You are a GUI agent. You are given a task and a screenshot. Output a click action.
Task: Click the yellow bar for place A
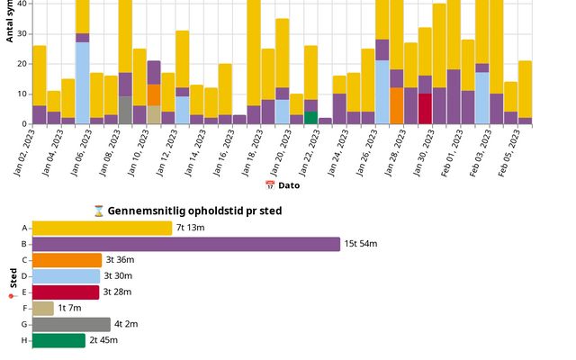coord(102,229)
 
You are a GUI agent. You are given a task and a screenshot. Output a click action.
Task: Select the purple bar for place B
coord(186,245)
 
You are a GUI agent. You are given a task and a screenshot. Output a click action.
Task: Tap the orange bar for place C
coord(67,260)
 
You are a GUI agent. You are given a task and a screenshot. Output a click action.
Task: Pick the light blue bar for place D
coord(66,276)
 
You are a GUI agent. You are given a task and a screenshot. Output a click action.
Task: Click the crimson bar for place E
coord(66,292)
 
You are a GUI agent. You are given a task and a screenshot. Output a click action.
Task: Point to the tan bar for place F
coord(43,309)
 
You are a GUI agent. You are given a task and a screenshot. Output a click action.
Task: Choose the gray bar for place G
coord(71,324)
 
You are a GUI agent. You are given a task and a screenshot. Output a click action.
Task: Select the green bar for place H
coord(58,340)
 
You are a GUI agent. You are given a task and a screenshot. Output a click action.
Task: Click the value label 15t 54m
coord(362,245)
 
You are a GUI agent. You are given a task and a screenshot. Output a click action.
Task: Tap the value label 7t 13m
coord(191,229)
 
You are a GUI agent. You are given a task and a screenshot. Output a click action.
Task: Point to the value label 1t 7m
coord(70,309)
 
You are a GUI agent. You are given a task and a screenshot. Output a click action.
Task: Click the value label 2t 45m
coord(103,340)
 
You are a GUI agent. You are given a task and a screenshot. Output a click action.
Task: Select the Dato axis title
coord(288,185)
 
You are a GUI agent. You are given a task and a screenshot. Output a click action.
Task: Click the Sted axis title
coord(13,278)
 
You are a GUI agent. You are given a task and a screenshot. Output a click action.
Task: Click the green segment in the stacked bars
coord(310,117)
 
